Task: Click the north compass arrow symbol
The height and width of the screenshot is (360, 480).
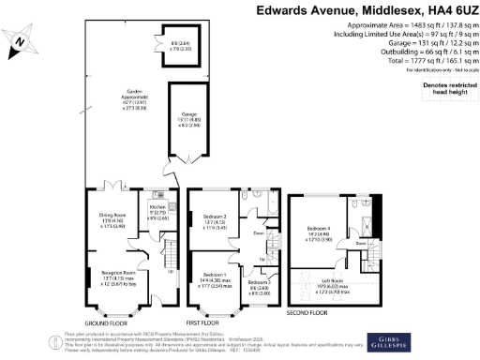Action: click(x=21, y=42)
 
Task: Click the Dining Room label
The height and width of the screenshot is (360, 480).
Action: click(x=114, y=217)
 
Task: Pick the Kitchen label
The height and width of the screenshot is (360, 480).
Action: click(x=158, y=208)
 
